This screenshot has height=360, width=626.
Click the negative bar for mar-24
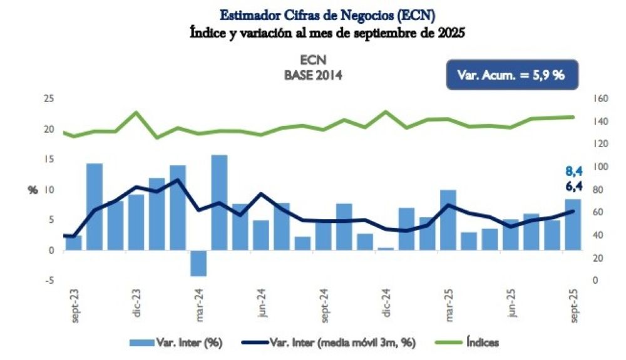tap(198, 263)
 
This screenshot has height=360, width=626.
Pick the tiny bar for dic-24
tap(386, 249)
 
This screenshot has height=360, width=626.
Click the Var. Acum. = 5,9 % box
tap(511, 75)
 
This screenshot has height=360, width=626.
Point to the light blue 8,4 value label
tap(573, 171)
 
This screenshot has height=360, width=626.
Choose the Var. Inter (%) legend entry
tap(177, 342)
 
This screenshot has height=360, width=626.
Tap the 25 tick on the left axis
tap(48, 99)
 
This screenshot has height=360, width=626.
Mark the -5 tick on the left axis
tap(48, 280)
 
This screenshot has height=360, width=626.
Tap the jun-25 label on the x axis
tap(512, 305)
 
